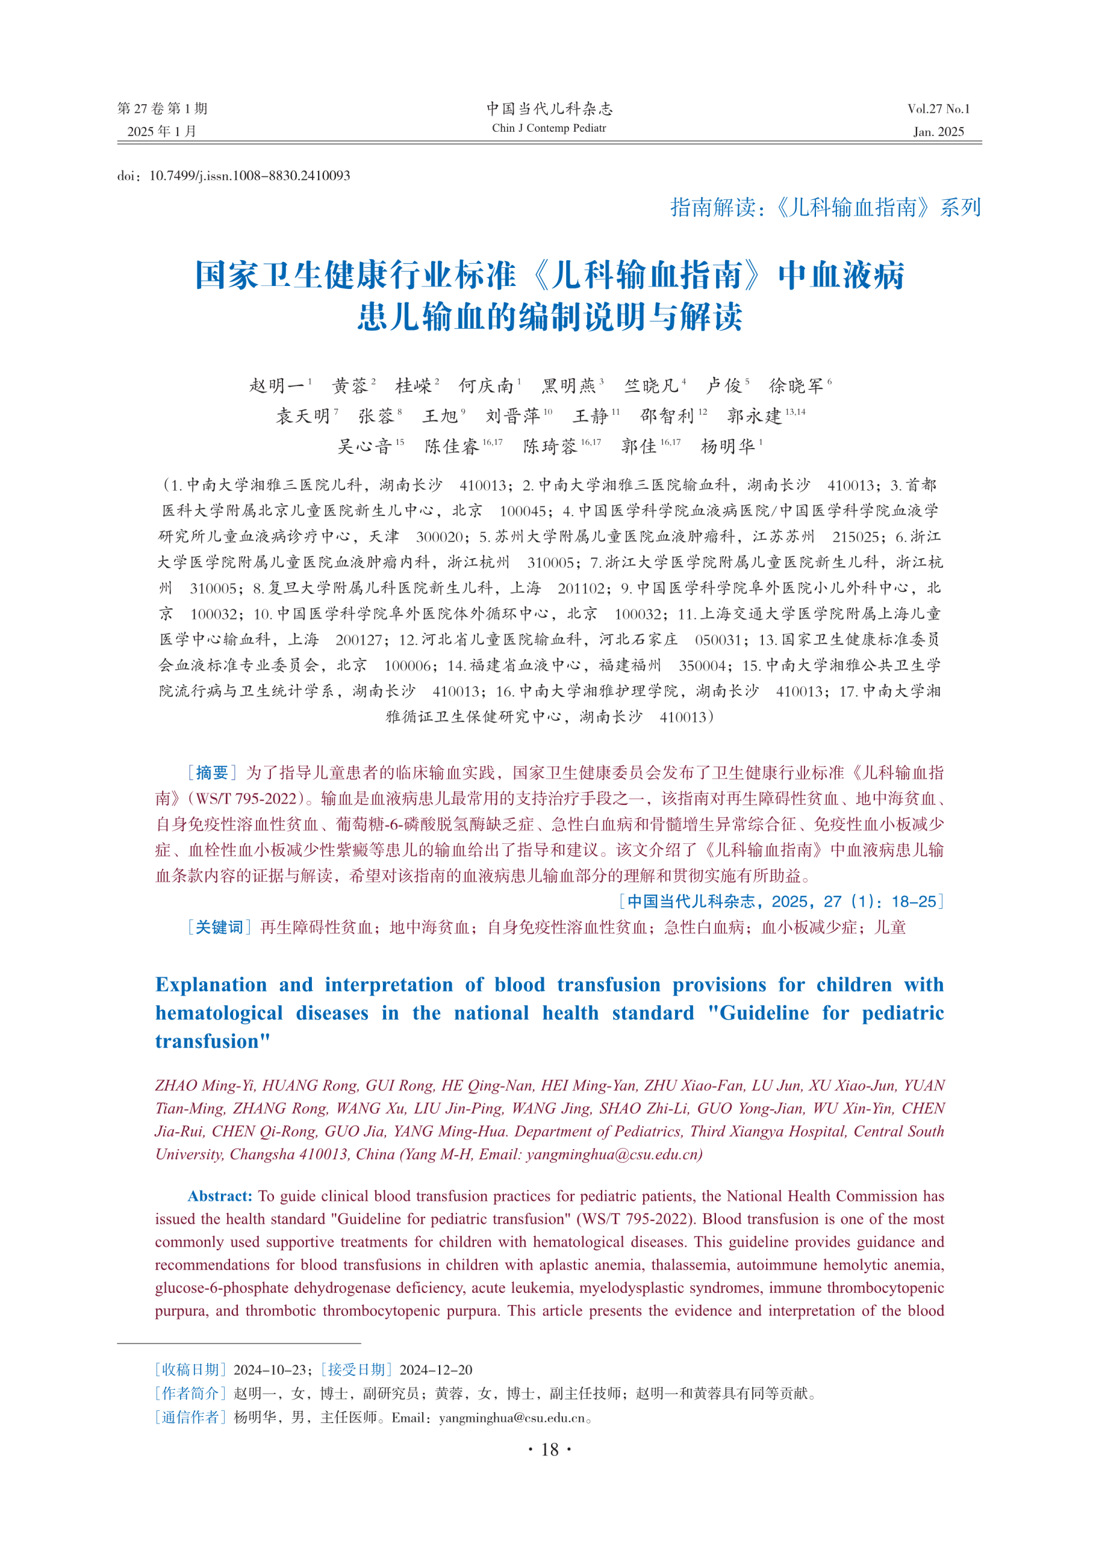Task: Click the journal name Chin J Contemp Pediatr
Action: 549,128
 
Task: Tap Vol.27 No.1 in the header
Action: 938,109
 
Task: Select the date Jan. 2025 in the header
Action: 938,132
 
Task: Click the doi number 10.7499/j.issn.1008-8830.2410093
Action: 250,176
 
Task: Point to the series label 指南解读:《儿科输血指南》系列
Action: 825,208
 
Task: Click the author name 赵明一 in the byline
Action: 277,386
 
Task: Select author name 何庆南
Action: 486,386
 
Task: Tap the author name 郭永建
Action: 754,415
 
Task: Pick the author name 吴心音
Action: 365,446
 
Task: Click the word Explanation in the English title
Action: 211,985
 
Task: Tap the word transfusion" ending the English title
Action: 213,1041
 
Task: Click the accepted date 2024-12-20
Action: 436,1370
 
